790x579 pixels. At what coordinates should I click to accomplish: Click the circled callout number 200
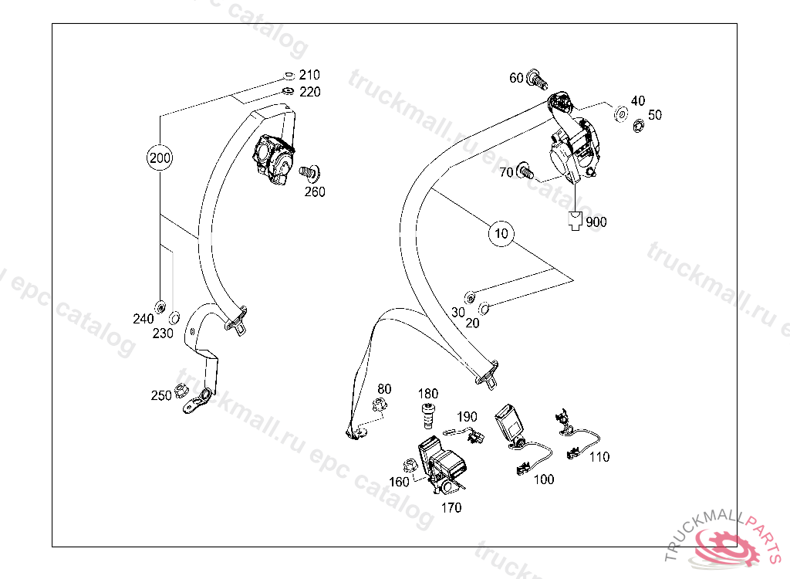click(160, 157)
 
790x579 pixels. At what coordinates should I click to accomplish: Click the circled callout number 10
click(501, 233)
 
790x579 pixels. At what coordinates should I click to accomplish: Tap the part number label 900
click(596, 222)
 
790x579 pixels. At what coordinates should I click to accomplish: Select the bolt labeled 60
click(537, 80)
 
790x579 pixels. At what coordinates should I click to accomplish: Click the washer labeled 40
click(621, 114)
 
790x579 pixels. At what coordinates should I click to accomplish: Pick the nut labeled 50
click(638, 126)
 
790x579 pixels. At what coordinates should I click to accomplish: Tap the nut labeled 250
click(181, 391)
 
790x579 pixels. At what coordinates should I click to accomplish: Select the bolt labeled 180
click(428, 415)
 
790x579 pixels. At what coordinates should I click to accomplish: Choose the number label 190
click(467, 417)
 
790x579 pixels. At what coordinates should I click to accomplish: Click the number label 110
click(599, 457)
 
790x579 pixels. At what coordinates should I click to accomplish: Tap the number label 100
click(544, 479)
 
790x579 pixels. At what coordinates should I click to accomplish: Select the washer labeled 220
click(289, 91)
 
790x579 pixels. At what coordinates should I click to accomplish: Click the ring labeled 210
click(289, 76)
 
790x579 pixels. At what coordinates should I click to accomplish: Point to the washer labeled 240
click(160, 306)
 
